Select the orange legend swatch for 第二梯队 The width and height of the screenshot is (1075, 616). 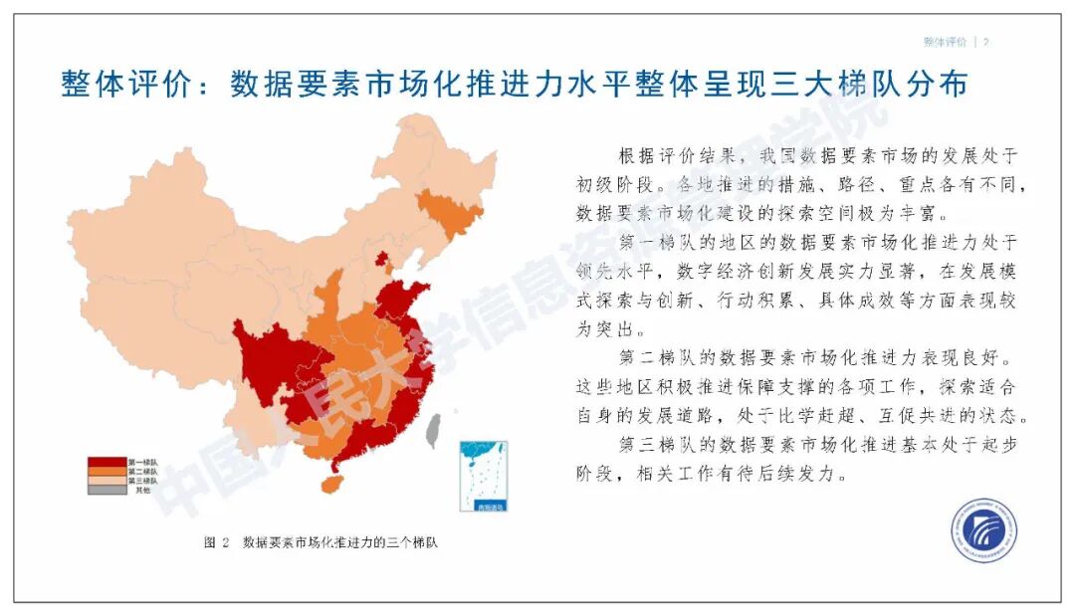pos(107,472)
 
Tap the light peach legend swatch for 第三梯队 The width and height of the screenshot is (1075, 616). pos(107,481)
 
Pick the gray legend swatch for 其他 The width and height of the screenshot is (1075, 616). pos(107,490)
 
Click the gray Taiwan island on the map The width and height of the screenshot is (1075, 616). pos(432,430)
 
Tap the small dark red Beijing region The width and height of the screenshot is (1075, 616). pos(381,259)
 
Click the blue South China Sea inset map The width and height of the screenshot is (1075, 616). pos(483,476)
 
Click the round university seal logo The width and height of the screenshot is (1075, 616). pos(982,531)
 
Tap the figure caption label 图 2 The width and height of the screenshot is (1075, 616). pos(217,543)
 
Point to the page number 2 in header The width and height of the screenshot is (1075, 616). pos(985,42)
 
